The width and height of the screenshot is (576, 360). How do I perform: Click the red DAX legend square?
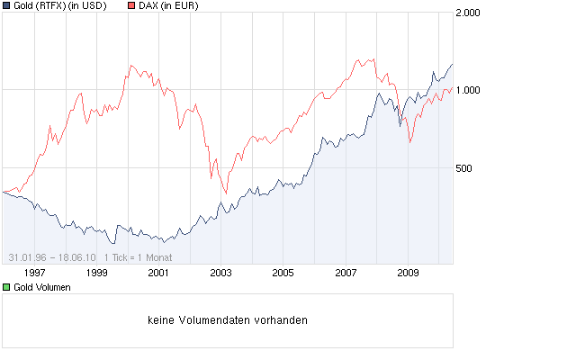pyautogui.click(x=130, y=6)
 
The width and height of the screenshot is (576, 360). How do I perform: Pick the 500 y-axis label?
pyautogui.click(x=464, y=168)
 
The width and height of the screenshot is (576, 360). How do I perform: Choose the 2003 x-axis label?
pyautogui.click(x=220, y=273)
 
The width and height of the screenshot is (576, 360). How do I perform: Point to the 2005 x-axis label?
pyautogui.click(x=283, y=273)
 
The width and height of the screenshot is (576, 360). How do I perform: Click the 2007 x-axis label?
pyautogui.click(x=346, y=273)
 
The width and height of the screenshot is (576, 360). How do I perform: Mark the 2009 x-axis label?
pyautogui.click(x=408, y=273)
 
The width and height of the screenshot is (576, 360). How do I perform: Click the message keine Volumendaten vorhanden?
pyautogui.click(x=227, y=319)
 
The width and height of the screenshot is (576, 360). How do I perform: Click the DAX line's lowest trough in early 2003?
pyautogui.click(x=225, y=192)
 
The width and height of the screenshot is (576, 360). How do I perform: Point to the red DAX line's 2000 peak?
pyautogui.click(x=131, y=66)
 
